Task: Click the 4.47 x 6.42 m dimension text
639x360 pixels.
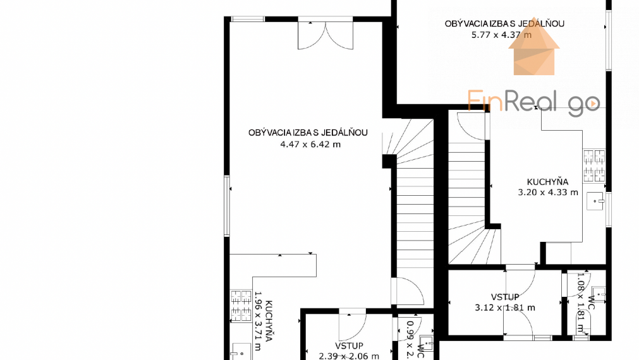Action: tap(310, 144)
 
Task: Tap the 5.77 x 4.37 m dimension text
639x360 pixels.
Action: tap(501, 35)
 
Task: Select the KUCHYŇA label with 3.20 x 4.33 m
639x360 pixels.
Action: tap(547, 182)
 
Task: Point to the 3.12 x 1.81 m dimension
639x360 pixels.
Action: tap(504, 308)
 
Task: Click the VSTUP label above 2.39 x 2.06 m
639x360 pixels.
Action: tap(349, 345)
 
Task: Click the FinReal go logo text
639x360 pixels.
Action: tap(533, 101)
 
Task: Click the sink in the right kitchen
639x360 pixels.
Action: tap(595, 201)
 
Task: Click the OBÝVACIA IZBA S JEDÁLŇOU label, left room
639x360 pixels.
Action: tap(308, 133)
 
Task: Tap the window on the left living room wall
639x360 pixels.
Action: tap(227, 206)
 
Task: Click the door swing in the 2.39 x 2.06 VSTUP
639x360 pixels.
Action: tap(352, 326)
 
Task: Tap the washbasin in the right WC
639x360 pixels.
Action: tap(600, 292)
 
